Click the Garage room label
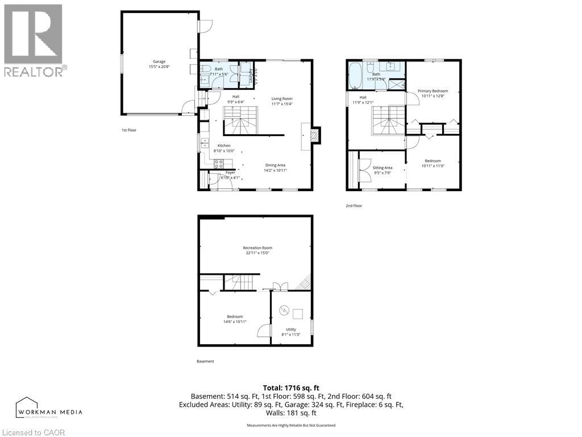159,61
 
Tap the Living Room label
281,98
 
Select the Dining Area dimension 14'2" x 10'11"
275,170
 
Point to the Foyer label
230,172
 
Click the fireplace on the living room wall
314,135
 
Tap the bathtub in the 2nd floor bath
355,76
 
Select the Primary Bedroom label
433,91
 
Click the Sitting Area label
382,168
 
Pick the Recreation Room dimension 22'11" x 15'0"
257,253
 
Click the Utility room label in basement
290,329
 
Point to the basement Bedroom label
235,316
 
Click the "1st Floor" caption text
129,130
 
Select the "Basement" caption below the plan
205,361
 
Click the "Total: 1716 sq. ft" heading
290,387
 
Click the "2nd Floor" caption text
354,206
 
